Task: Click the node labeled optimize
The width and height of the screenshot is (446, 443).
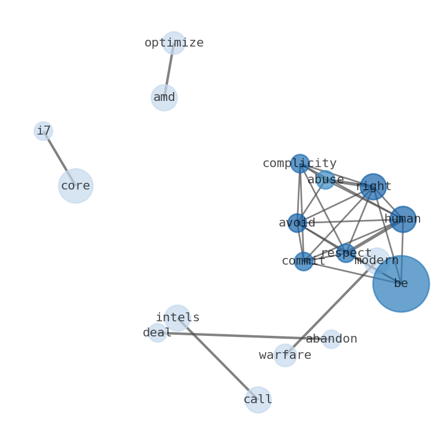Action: (174, 43)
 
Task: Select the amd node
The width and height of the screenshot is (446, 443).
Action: (164, 98)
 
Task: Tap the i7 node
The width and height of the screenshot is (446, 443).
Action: (43, 131)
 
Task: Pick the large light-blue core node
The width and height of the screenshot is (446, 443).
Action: (75, 186)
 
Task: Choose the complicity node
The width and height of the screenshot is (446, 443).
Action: (300, 164)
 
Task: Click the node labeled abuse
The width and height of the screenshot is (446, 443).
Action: (325, 180)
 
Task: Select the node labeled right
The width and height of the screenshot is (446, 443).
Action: (373, 187)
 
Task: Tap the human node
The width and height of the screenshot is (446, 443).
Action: (403, 219)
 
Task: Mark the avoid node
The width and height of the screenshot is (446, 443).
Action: (297, 223)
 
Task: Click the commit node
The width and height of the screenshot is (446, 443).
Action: (303, 261)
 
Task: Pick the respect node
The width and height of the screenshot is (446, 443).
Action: (346, 253)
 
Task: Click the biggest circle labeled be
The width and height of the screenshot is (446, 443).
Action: (401, 284)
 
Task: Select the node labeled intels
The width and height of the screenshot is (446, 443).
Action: (178, 318)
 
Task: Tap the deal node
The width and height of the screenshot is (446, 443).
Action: (157, 333)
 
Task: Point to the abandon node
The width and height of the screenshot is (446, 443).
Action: (331, 339)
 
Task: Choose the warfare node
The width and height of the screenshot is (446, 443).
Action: (285, 356)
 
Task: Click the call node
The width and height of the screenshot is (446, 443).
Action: (258, 400)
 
